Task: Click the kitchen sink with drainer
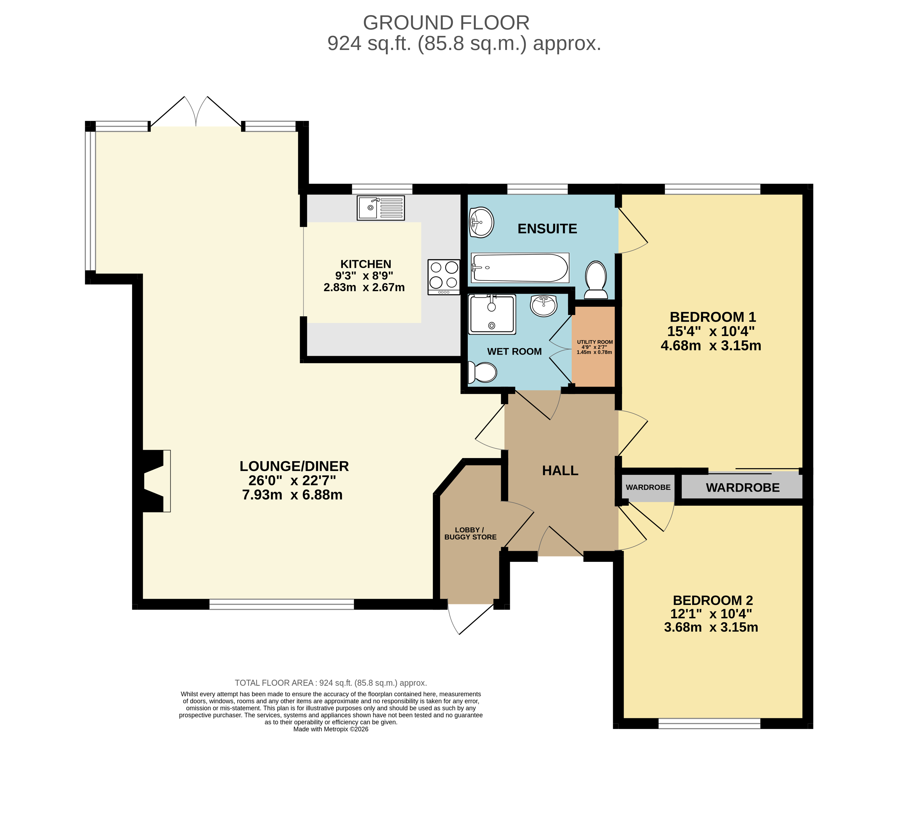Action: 381,208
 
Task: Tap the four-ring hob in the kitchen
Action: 444,277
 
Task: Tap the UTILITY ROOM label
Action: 595,342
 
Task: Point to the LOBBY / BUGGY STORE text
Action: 470,534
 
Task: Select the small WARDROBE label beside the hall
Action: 648,487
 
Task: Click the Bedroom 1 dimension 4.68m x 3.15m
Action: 711,345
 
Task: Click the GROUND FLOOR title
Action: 446,23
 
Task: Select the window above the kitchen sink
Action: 382,189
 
